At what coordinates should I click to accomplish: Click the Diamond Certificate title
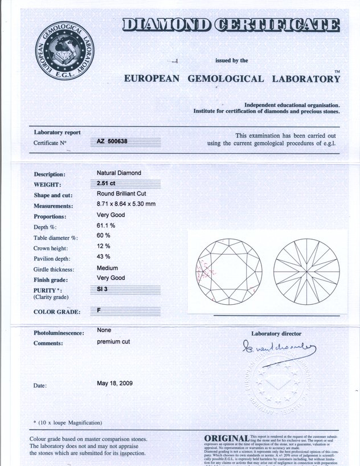(x=231, y=25)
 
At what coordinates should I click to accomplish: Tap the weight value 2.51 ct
(x=106, y=183)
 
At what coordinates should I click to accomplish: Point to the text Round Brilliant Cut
(x=122, y=194)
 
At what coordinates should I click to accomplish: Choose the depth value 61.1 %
(x=106, y=226)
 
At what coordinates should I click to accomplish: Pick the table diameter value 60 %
(x=103, y=236)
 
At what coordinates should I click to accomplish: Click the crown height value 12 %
(x=103, y=246)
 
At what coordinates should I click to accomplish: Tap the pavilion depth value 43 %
(x=103, y=256)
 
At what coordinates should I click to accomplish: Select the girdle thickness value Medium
(x=107, y=267)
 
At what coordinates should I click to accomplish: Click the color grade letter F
(x=99, y=311)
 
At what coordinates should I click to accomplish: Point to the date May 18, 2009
(x=115, y=383)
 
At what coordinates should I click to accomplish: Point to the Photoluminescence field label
(x=59, y=333)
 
